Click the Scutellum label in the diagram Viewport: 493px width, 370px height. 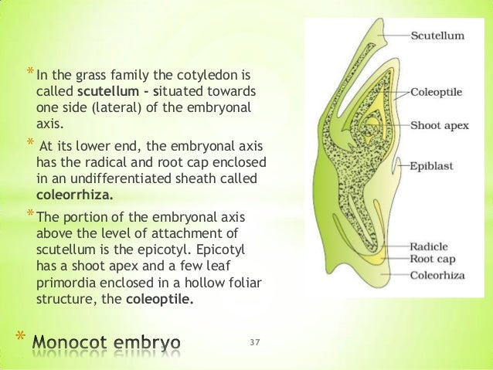[x=437, y=36]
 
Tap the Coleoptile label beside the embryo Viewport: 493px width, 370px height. [x=437, y=93]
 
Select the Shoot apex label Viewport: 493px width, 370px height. [x=440, y=124]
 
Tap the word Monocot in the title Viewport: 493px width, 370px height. [x=79, y=341]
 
